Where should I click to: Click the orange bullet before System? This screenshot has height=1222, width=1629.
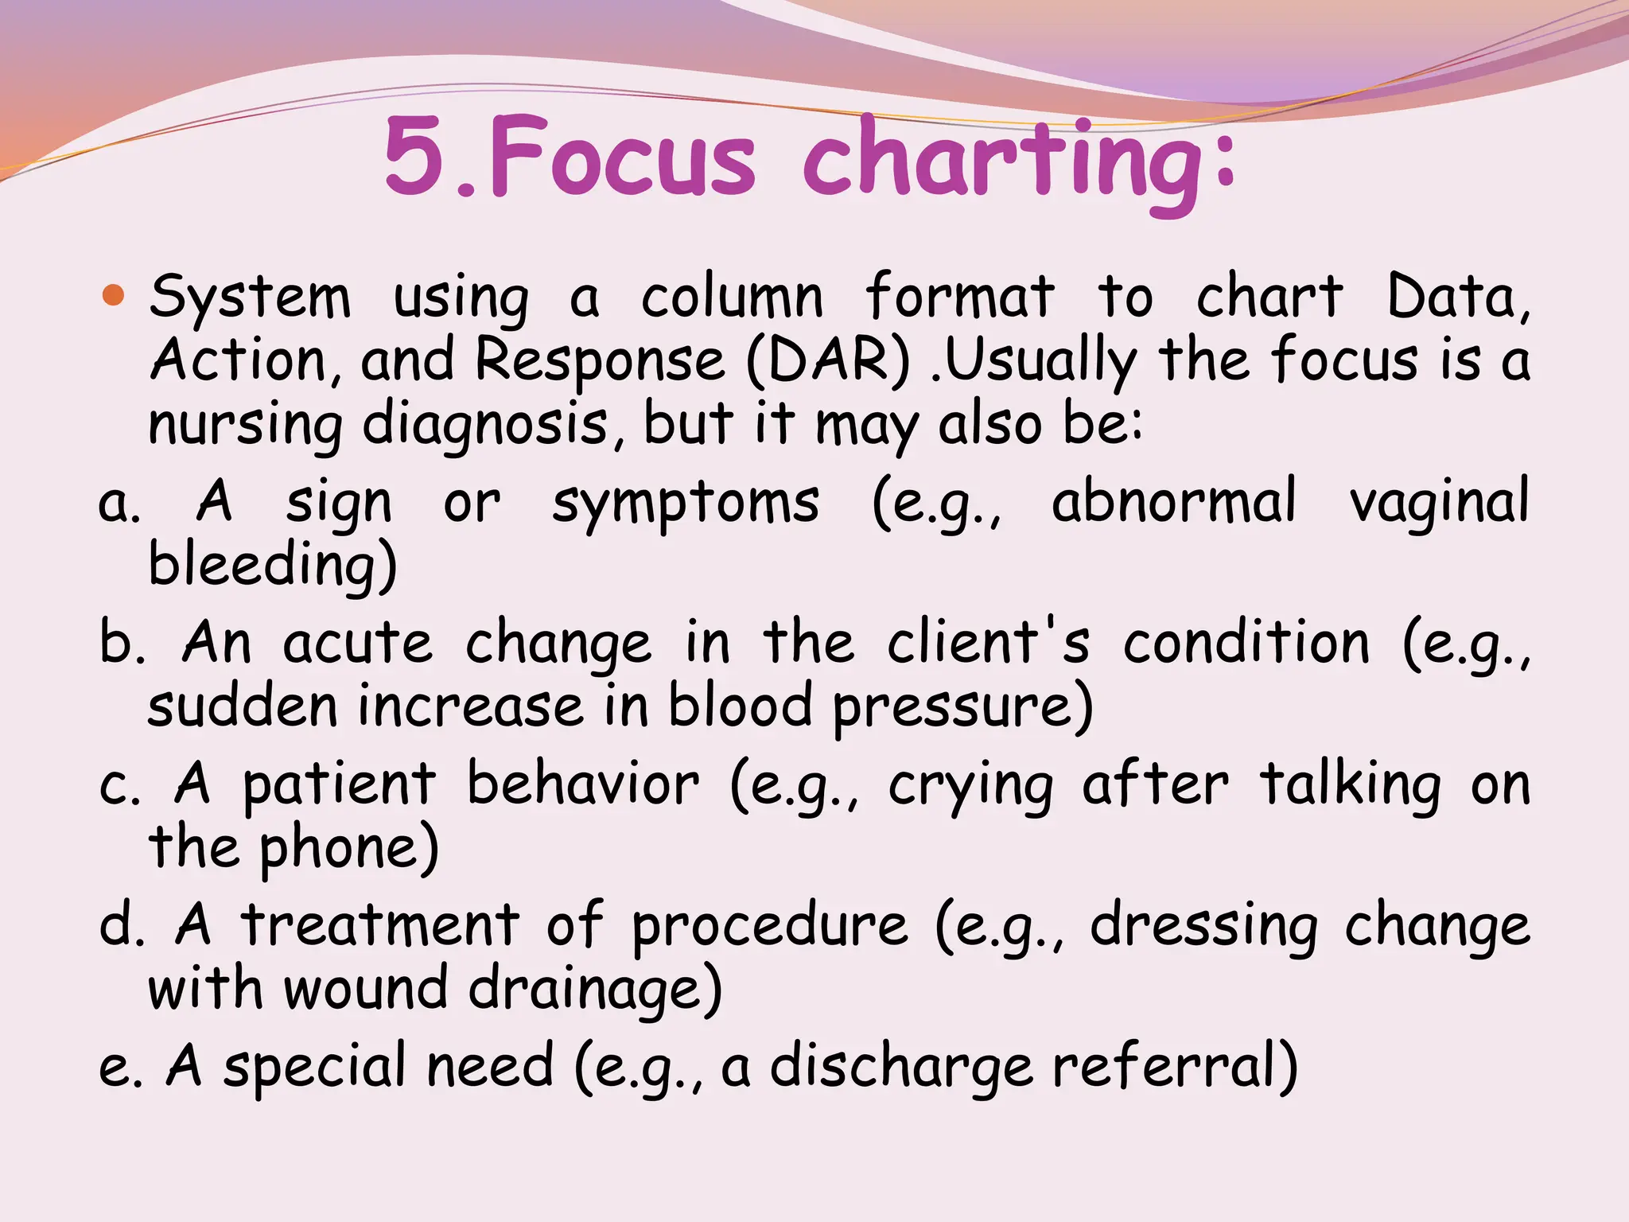[x=114, y=295]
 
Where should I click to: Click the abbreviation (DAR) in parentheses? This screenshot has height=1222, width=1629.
[x=828, y=362]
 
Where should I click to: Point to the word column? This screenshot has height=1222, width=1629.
[x=732, y=298]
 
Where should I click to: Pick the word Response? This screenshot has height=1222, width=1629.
[x=601, y=362]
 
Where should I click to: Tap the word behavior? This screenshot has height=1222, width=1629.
[x=582, y=785]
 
